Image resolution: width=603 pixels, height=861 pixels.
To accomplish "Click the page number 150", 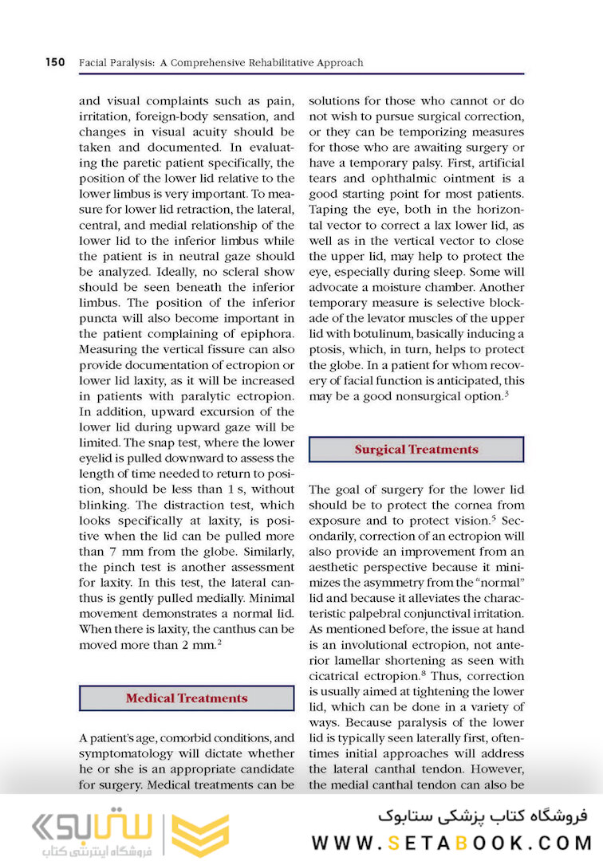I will tap(55, 62).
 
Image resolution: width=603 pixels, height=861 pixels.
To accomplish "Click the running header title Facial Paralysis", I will tap(116, 62).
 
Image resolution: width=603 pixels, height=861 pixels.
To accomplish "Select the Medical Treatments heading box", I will tap(187, 698).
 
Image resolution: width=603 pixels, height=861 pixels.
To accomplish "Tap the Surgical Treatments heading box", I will tap(416, 449).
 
